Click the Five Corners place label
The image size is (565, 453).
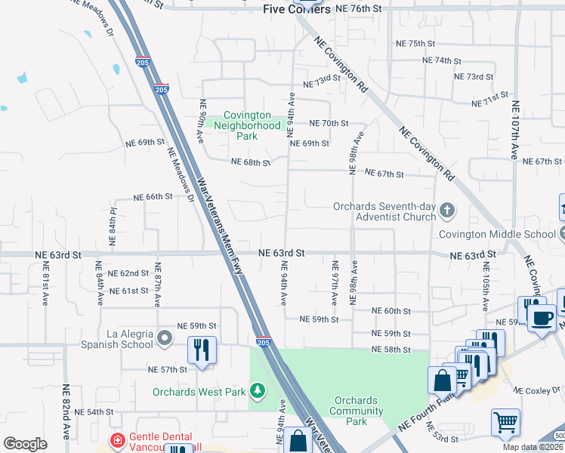pyautogui.click(x=297, y=9)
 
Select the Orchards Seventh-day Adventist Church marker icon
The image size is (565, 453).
pyautogui.click(x=446, y=209)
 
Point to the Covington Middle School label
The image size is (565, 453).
pyautogui.click(x=498, y=234)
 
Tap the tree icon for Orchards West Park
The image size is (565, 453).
pyautogui.click(x=258, y=390)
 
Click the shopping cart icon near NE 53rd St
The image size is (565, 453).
pyautogui.click(x=505, y=422)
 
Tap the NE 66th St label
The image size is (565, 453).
pyautogui.click(x=153, y=196)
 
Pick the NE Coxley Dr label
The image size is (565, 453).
pyautogui.click(x=539, y=390)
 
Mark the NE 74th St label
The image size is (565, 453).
pyautogui.click(x=442, y=60)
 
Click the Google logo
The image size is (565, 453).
pyautogui.click(x=25, y=444)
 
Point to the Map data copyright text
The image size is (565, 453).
pyautogui.click(x=533, y=447)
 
